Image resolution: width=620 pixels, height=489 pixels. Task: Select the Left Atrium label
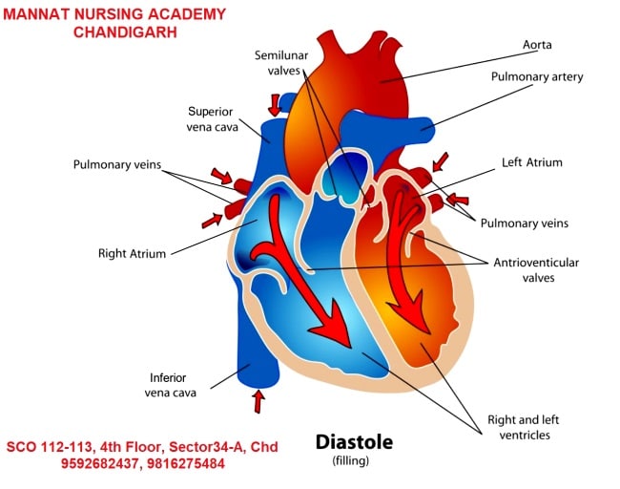click(x=531, y=162)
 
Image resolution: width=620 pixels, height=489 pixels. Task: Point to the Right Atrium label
click(x=132, y=254)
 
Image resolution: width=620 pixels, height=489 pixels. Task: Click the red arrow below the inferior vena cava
click(x=257, y=402)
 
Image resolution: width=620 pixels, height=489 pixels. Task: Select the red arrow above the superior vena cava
click(x=276, y=102)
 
